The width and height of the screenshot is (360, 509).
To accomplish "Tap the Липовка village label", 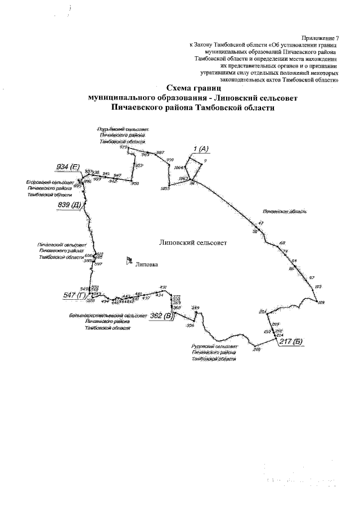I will point(147,263).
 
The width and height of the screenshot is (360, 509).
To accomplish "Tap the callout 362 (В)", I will point(161,316).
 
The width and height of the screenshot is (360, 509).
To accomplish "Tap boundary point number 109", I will point(321,304).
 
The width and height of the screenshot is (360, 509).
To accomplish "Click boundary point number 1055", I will point(165,188).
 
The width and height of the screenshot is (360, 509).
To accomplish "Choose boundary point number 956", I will point(190,326).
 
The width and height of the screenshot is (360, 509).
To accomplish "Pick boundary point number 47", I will point(260,223).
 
